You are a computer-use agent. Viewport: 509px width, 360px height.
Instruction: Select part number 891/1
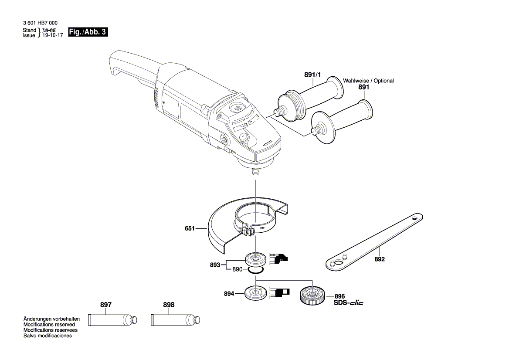coord(312,75)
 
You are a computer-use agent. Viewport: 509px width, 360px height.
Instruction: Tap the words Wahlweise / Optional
coord(368,81)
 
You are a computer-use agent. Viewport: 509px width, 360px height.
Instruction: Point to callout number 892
coord(380,259)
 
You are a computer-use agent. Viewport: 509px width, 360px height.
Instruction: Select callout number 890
coord(237,270)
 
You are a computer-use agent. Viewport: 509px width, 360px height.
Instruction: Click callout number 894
coord(229,294)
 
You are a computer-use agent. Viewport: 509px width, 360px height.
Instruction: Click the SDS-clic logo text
coord(348,302)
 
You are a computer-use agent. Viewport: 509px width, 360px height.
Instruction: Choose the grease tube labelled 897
coord(113,320)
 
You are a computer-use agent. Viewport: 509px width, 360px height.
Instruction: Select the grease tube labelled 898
coord(176,320)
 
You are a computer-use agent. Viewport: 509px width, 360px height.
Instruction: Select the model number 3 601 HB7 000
coord(40,23)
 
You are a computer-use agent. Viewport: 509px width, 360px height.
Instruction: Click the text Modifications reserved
coord(49,325)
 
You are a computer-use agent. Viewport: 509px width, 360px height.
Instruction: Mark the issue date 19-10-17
coord(53,35)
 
